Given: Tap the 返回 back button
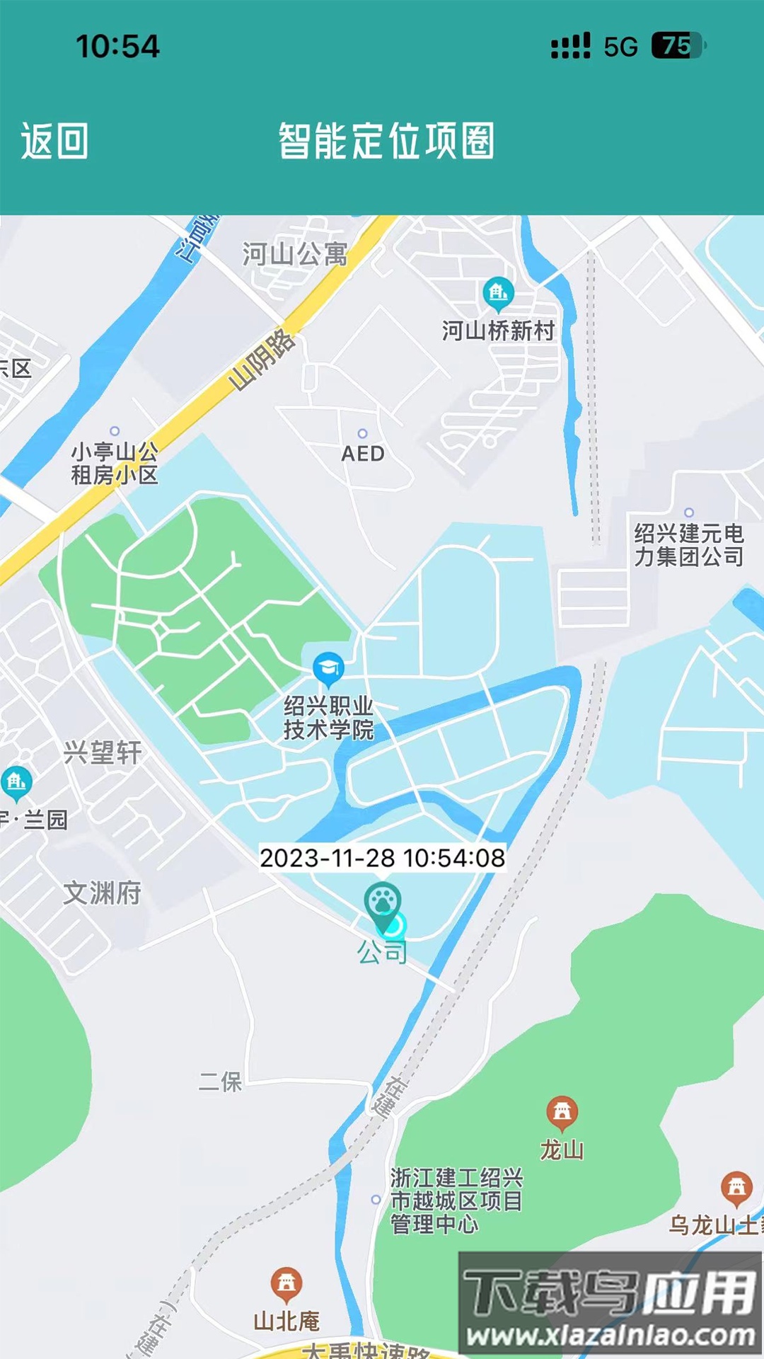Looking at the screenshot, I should coord(54,141).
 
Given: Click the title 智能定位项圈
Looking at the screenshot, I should coord(386,141).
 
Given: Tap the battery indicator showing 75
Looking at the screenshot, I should coord(677,46).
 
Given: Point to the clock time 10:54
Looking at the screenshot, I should coord(117,47).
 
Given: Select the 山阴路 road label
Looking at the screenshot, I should coord(262,360).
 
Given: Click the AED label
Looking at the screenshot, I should coord(363,454).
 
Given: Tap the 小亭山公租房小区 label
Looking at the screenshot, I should coord(114,463).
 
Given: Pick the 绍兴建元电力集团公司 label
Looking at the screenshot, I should coord(688,545).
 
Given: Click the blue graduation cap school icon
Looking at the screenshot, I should coord(328,668).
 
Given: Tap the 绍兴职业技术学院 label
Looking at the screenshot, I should coord(328,718).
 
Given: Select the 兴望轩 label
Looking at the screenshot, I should coord(103,752).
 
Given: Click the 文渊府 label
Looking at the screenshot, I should coord(103,893).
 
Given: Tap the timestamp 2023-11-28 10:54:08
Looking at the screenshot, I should coord(382,858).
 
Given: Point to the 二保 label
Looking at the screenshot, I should coord(220,1082).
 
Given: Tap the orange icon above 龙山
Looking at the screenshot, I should coord(562,1112).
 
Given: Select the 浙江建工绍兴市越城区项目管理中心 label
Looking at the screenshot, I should coord(456,1201).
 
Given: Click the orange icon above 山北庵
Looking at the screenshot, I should coord(286,1283).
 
